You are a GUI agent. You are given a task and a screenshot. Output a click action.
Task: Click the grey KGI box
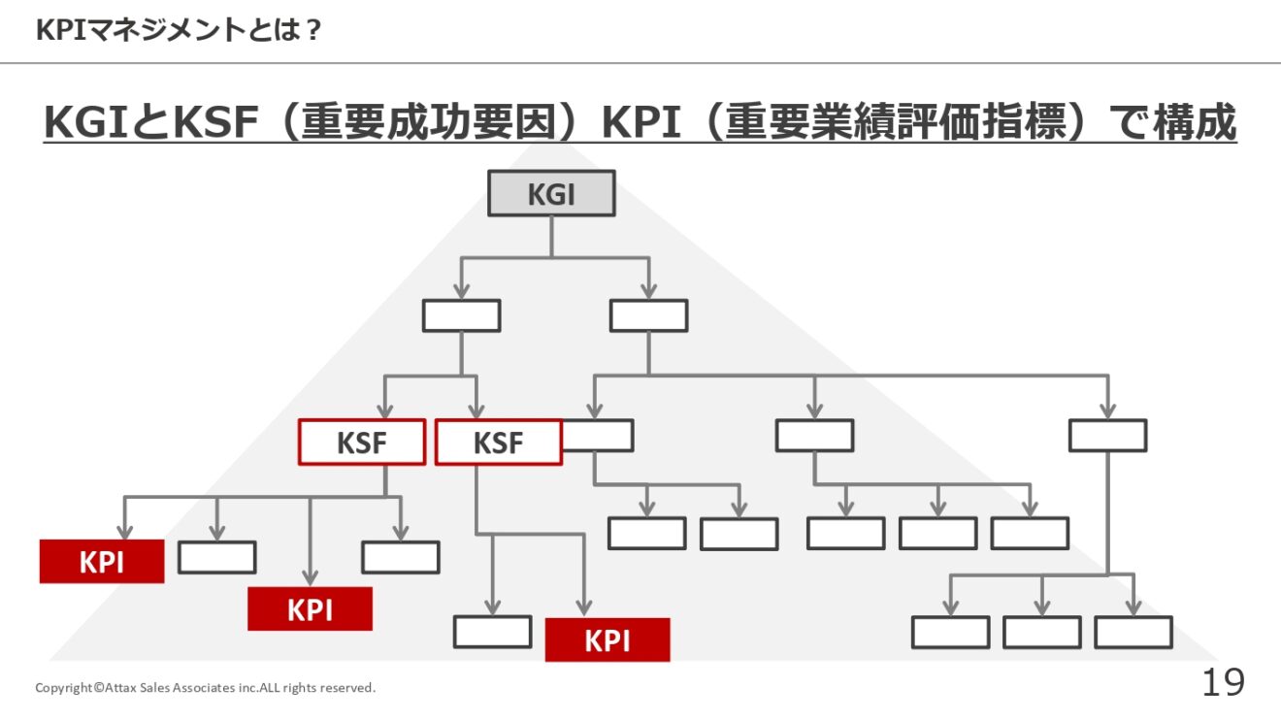pyautogui.click(x=551, y=193)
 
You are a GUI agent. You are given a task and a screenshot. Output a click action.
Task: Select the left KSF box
pyautogui.click(x=362, y=442)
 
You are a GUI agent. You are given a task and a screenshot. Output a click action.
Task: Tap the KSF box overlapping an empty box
pyautogui.click(x=498, y=442)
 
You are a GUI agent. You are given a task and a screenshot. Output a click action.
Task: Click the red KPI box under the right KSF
pyautogui.click(x=608, y=639)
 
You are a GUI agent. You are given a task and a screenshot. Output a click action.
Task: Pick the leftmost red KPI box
pyautogui.click(x=102, y=562)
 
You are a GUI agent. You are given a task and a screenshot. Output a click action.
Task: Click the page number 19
pyautogui.click(x=1223, y=682)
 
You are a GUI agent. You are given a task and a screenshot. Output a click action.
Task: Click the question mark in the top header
pyautogui.click(x=313, y=30)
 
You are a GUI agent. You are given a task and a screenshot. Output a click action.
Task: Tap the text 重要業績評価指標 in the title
pyautogui.click(x=896, y=121)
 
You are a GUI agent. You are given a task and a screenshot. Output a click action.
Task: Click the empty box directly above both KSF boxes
pyautogui.click(x=462, y=315)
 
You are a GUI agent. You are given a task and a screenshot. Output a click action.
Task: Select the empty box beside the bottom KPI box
pyautogui.click(x=492, y=632)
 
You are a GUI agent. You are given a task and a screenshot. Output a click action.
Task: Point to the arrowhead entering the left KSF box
pyautogui.click(x=385, y=411)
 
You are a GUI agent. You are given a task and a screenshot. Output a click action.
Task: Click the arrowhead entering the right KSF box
pyautogui.click(x=476, y=411)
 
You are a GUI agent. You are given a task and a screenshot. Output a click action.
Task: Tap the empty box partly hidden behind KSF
pyautogui.click(x=598, y=436)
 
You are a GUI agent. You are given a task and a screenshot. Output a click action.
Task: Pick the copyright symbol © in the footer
pyautogui.click(x=99, y=687)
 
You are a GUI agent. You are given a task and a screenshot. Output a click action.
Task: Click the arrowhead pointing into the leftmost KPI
pyautogui.click(x=124, y=532)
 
